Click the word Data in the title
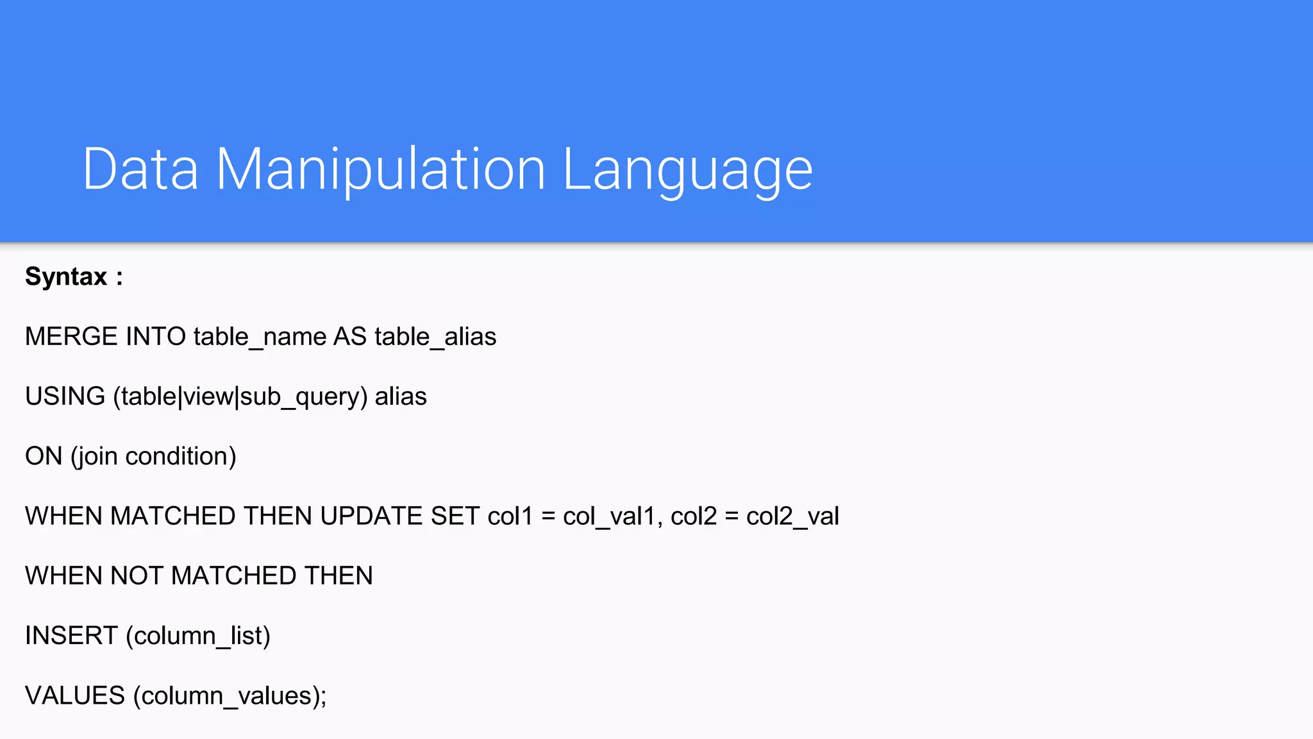[140, 169]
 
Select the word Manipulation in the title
[380, 169]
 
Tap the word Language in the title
[687, 170]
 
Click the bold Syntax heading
[66, 276]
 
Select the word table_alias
[435, 337]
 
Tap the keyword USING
[65, 396]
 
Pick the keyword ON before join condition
[44, 456]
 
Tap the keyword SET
[455, 516]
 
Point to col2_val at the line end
[792, 516]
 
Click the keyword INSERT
[71, 636]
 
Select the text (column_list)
[198, 636]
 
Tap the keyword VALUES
[75, 695]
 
